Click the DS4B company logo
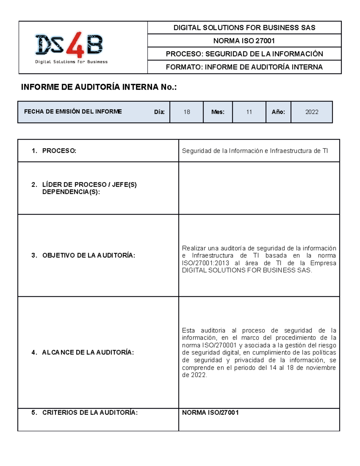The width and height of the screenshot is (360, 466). (x=71, y=47)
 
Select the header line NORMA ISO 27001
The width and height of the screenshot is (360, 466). (x=244, y=41)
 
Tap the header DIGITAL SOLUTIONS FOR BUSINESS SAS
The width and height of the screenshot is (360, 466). (x=244, y=28)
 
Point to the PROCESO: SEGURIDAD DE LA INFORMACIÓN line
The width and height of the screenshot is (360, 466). (x=244, y=54)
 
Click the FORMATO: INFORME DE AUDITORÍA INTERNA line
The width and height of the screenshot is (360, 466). (x=244, y=67)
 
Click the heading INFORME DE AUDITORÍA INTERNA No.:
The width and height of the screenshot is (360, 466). (x=99, y=87)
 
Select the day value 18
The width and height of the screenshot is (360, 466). (x=187, y=112)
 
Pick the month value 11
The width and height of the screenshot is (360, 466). (x=249, y=112)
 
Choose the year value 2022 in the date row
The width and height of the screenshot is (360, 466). (x=312, y=112)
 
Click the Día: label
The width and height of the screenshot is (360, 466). (x=159, y=112)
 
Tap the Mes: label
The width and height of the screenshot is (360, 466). (x=217, y=112)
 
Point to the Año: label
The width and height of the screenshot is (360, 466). (x=278, y=112)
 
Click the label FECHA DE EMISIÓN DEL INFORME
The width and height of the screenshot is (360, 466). (x=73, y=112)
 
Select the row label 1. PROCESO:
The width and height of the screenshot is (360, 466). (x=54, y=151)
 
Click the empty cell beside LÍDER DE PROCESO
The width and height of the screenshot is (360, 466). (x=259, y=188)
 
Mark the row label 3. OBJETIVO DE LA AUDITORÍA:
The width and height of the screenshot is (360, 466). (x=83, y=255)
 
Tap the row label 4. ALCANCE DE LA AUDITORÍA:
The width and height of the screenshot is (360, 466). (x=82, y=352)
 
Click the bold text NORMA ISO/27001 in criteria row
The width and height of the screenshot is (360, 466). (x=210, y=413)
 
